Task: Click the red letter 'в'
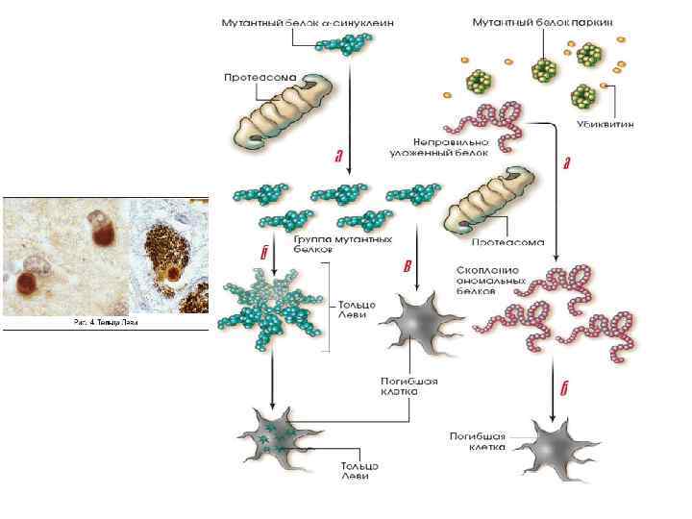(407, 265)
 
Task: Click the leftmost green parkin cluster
(477, 79)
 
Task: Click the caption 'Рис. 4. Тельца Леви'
(107, 322)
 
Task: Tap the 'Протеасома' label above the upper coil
(259, 74)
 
